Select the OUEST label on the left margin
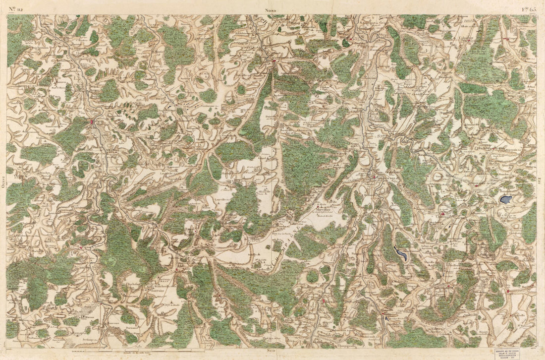(3, 179)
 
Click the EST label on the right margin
(541, 179)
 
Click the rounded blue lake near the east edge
(505, 200)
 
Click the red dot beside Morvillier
(318, 204)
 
